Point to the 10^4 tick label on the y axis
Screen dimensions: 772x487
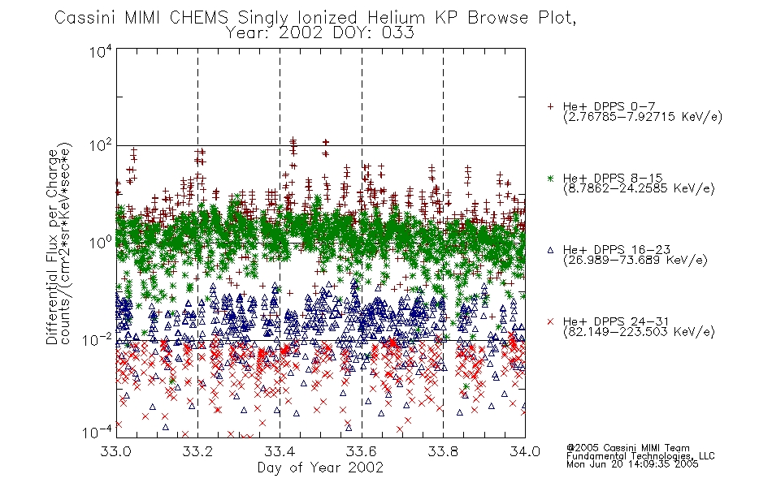point(101,52)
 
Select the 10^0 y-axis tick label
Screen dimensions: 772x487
point(101,243)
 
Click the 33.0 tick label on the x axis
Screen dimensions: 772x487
point(116,451)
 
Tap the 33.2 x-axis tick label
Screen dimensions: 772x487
point(198,451)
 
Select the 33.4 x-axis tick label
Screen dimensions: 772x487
point(280,451)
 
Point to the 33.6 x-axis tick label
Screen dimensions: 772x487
point(362,451)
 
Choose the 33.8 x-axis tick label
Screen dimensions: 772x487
point(443,451)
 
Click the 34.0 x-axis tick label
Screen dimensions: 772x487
point(525,451)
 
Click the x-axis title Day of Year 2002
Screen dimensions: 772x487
point(320,468)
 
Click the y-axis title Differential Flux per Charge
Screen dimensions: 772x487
point(52,247)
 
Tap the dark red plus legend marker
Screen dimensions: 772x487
point(550,106)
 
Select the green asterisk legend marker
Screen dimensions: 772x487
point(550,178)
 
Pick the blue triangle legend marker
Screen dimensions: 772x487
point(550,250)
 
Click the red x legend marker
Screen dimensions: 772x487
point(550,321)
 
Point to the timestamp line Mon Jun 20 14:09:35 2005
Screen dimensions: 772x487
point(632,464)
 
